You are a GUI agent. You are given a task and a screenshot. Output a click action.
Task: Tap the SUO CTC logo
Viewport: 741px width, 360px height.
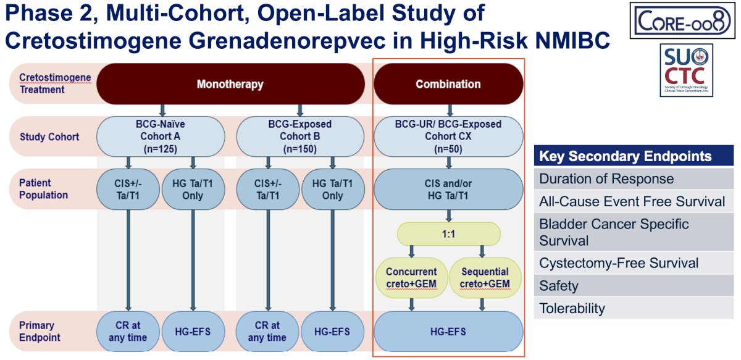(686, 70)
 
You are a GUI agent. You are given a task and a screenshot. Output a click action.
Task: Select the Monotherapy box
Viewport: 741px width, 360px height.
(230, 84)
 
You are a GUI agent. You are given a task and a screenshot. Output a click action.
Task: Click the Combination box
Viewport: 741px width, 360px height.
(448, 84)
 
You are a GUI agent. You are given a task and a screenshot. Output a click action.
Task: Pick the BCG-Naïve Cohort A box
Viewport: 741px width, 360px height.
(161, 136)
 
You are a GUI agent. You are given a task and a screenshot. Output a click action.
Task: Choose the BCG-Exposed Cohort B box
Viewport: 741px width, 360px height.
(300, 136)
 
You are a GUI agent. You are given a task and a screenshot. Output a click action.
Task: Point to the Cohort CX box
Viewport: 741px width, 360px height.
(448, 136)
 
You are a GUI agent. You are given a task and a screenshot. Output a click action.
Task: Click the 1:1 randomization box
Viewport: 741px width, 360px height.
(448, 234)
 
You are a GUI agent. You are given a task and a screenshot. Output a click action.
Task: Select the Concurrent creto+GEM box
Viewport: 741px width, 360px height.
(411, 278)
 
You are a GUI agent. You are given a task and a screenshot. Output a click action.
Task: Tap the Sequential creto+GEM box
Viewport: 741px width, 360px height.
(485, 278)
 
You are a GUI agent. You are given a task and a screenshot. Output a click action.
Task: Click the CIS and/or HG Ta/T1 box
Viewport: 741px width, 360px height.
(448, 190)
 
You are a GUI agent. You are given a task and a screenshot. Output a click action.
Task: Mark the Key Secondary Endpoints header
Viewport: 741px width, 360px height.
(634, 156)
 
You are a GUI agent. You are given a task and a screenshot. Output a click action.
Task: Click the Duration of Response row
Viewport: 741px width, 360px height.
(634, 178)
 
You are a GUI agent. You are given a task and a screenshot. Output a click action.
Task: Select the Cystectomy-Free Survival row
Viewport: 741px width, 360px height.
(634, 263)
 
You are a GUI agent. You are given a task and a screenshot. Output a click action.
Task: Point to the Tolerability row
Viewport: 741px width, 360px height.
(634, 308)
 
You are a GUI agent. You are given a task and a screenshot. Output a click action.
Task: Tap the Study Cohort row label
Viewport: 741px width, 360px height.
(49, 136)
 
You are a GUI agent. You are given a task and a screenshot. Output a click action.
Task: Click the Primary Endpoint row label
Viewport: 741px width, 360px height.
(40, 331)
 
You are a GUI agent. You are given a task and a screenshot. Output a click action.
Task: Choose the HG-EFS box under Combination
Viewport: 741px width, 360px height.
(448, 331)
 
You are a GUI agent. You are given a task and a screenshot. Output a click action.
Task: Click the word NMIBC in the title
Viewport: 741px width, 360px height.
(572, 40)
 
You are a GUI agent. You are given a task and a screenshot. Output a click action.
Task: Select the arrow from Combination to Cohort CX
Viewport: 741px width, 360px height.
(450, 111)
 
